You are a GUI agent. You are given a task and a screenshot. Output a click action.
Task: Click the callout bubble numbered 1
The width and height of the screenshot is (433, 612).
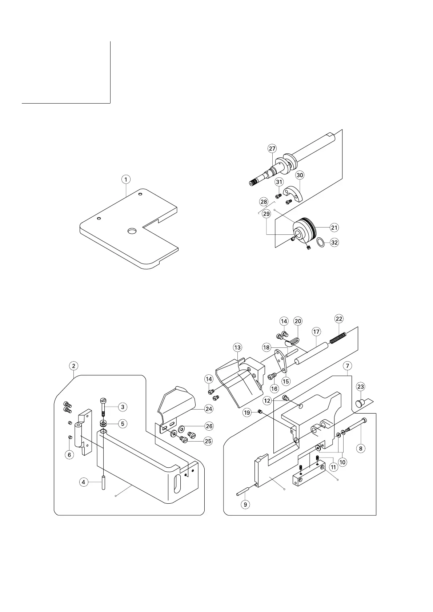[126, 180]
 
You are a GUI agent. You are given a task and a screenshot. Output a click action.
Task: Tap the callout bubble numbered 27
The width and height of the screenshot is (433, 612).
[272, 148]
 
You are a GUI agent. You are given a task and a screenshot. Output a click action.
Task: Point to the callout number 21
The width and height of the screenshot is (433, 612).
[334, 228]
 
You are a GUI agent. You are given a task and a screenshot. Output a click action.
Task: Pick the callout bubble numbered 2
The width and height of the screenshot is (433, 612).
[74, 366]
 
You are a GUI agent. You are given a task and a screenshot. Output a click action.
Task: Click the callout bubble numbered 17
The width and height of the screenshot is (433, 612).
[316, 331]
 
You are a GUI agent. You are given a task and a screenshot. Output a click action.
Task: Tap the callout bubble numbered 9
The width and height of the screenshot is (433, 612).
[245, 505]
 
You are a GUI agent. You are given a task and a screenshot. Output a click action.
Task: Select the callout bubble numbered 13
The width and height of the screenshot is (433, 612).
[237, 348]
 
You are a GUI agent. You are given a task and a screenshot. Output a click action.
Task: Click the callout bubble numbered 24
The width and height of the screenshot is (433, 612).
[209, 409]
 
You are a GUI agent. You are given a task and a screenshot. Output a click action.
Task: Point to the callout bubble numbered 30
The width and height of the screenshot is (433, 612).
[300, 175]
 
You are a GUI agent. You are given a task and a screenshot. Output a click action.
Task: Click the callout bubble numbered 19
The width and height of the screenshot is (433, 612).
[247, 412]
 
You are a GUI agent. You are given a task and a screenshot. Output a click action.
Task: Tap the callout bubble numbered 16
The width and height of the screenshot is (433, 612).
[274, 388]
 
